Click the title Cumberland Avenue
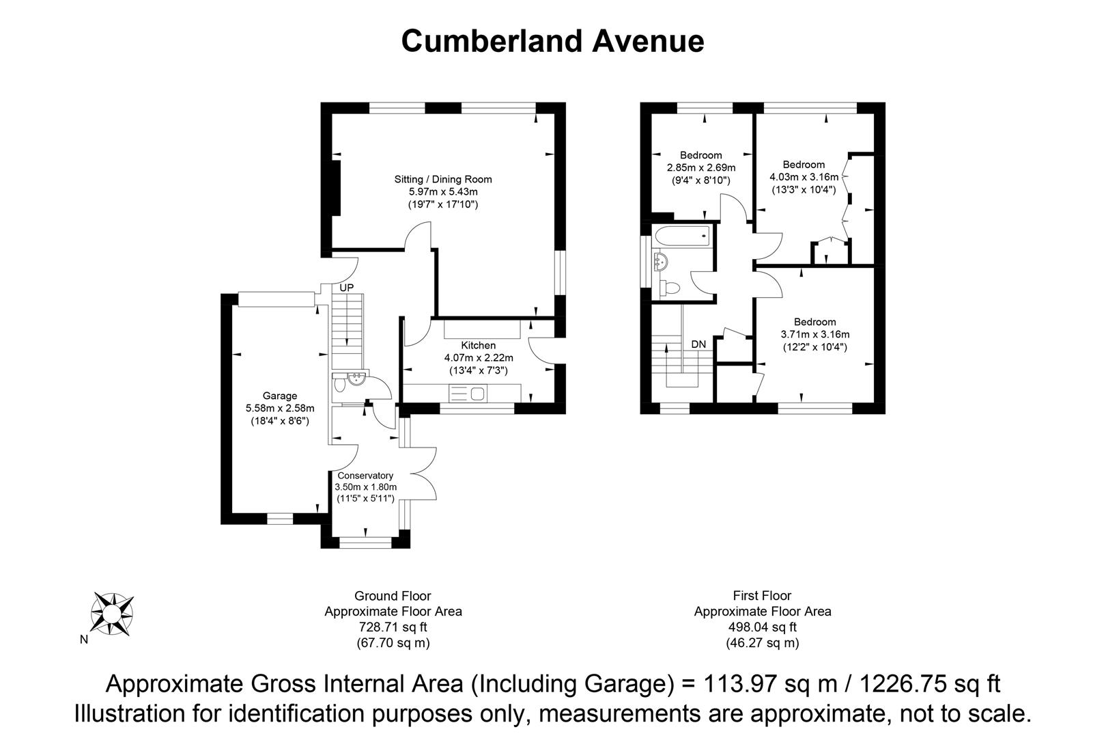(x=552, y=41)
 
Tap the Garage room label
(x=280, y=396)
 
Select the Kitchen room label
(x=478, y=345)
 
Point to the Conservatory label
(x=365, y=476)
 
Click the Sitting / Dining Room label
(x=443, y=180)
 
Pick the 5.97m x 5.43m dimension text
(x=443, y=192)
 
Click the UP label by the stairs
(x=347, y=288)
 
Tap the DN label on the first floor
(x=698, y=344)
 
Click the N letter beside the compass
(x=84, y=640)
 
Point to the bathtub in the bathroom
(x=682, y=237)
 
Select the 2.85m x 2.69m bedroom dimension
(x=701, y=168)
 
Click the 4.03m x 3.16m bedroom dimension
(x=804, y=177)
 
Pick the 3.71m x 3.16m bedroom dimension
(x=815, y=335)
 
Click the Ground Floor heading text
(x=393, y=596)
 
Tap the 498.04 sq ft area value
(x=763, y=627)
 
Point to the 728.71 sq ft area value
(x=393, y=627)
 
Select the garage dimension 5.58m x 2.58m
(x=280, y=409)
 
